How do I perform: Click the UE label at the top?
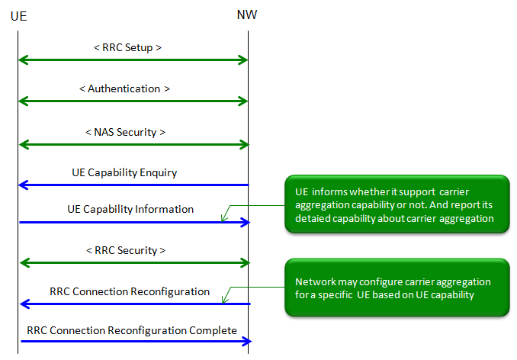tap(19, 14)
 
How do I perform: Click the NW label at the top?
tap(247, 14)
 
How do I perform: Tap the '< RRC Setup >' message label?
tap(127, 47)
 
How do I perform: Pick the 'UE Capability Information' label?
tap(130, 209)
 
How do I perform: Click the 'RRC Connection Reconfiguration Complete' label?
tap(132, 330)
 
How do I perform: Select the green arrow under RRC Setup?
tap(133, 59)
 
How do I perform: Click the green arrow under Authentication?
tap(133, 101)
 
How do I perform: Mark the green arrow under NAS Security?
tap(133, 143)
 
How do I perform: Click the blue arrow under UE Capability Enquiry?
tap(133, 185)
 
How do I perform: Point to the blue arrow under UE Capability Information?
tap(133, 222)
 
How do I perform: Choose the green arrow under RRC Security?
tap(133, 262)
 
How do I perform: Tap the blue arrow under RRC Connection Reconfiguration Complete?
tap(133, 342)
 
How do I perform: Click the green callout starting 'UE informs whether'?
tap(396, 204)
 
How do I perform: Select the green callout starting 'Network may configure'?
tap(396, 287)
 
